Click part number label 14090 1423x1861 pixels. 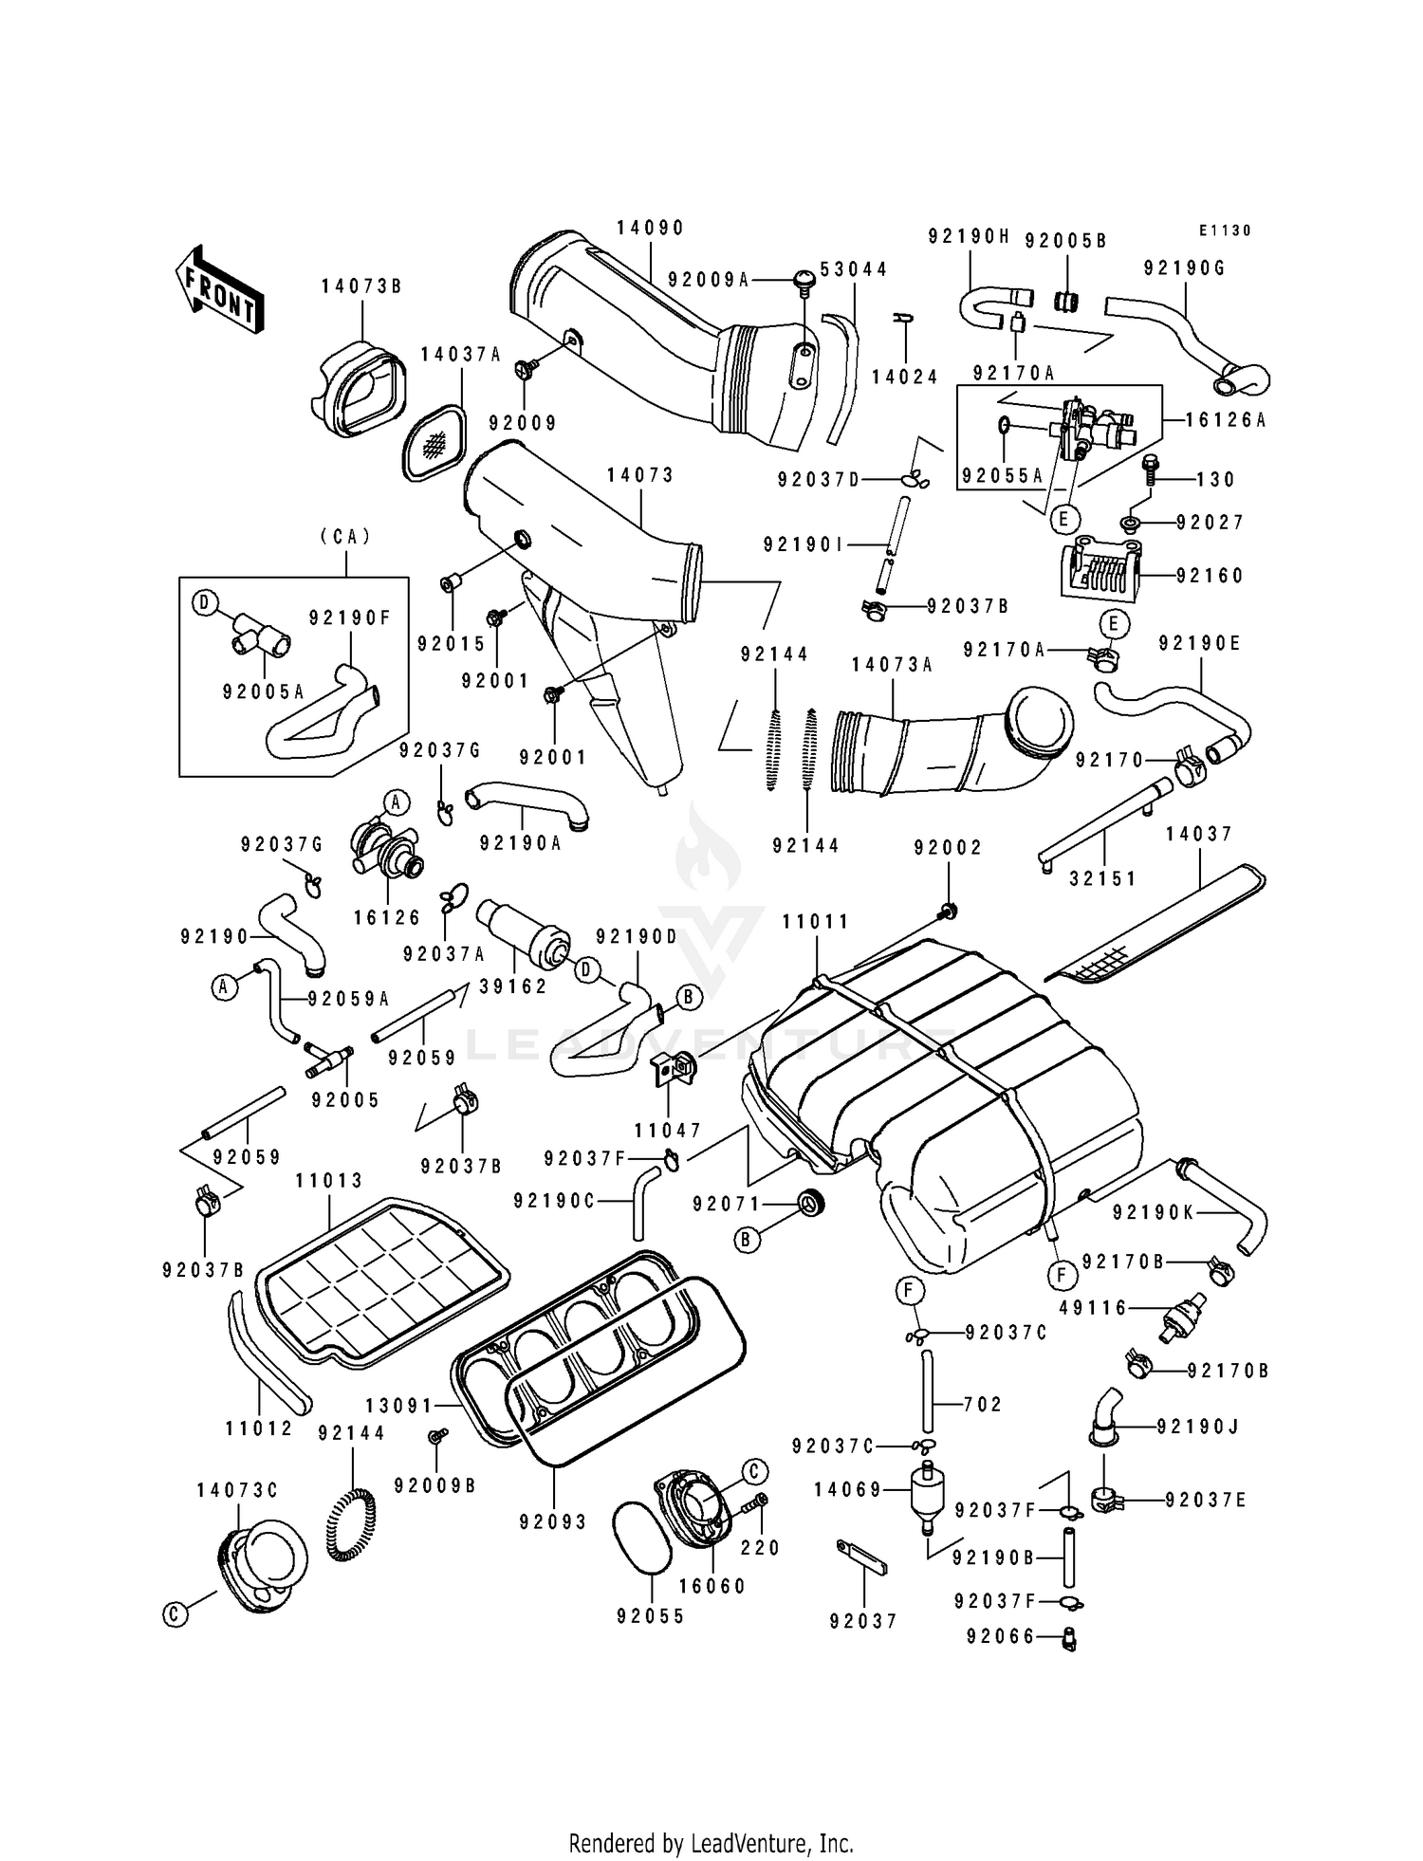pos(650,229)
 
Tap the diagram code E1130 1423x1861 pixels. pos(1225,230)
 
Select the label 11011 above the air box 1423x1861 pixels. pos(816,921)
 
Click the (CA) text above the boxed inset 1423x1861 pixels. pos(345,537)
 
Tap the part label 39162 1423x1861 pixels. pos(513,986)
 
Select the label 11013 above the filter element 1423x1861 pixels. pos(329,1181)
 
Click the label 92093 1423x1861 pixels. pos(553,1521)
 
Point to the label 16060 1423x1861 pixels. pos(712,1586)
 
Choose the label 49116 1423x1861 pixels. pos(1093,1308)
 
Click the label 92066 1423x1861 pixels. pos(1001,1637)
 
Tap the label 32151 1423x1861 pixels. pos(1102,879)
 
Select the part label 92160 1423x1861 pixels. pos(1210,576)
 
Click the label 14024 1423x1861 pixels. pos(905,377)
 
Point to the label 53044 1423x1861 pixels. pos(854,269)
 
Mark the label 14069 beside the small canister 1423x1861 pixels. pos(848,1490)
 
